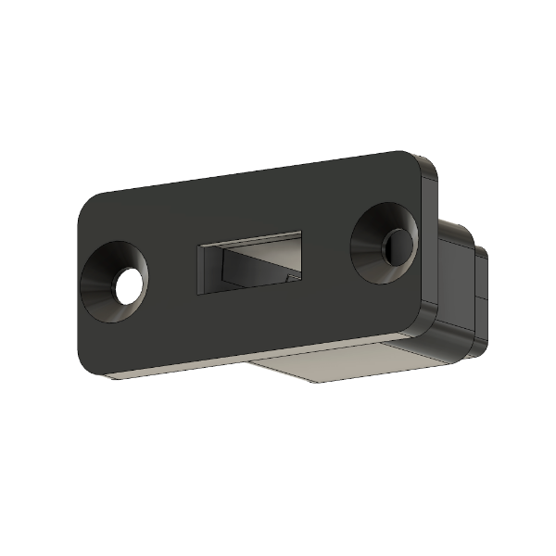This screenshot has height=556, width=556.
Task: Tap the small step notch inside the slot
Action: [x=292, y=275]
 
